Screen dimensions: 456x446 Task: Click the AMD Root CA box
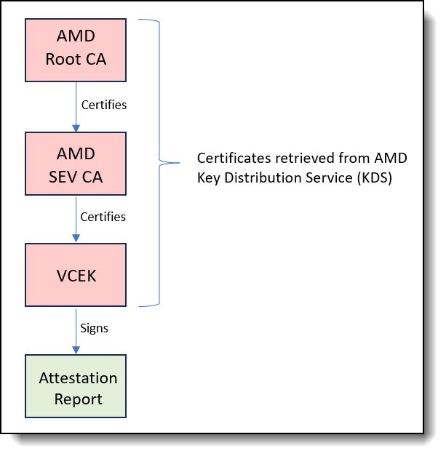pos(76,49)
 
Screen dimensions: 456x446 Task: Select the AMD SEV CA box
pos(76,164)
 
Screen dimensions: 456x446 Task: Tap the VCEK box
pos(76,276)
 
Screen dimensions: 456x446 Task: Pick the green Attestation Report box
pos(76,386)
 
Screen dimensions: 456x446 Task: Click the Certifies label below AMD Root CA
pos(103,105)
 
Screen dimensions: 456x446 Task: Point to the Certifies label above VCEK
pos(103,217)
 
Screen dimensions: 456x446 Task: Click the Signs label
pos(95,328)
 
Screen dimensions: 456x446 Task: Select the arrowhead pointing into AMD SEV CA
pos(76,128)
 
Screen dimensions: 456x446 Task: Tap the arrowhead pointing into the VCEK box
pos(76,239)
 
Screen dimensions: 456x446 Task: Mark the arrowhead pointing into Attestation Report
pos(76,351)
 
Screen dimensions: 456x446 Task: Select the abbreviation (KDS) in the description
pos(375,178)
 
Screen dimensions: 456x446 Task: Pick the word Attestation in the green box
pos(78,378)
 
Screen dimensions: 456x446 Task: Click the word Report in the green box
pos(78,399)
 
